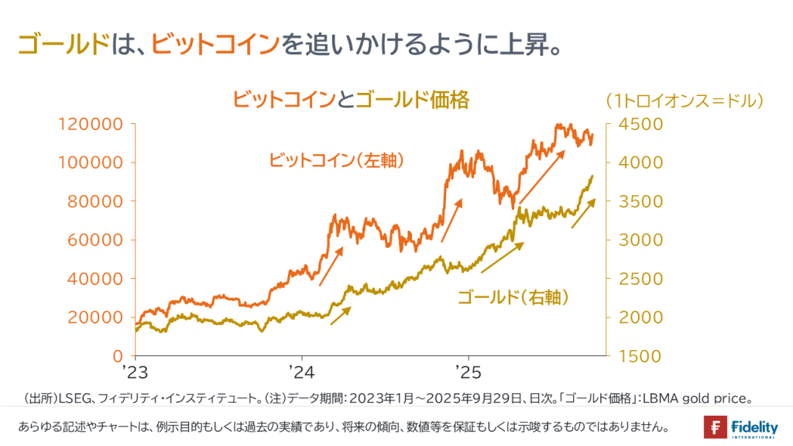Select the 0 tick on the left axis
[118, 356]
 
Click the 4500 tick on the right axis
[638, 124]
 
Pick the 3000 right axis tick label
[638, 240]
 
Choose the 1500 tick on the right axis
[638, 356]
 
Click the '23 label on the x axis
[134, 371]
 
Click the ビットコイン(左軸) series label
[338, 160]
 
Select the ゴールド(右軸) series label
[513, 297]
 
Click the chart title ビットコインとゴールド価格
[351, 100]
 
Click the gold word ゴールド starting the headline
[62, 44]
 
